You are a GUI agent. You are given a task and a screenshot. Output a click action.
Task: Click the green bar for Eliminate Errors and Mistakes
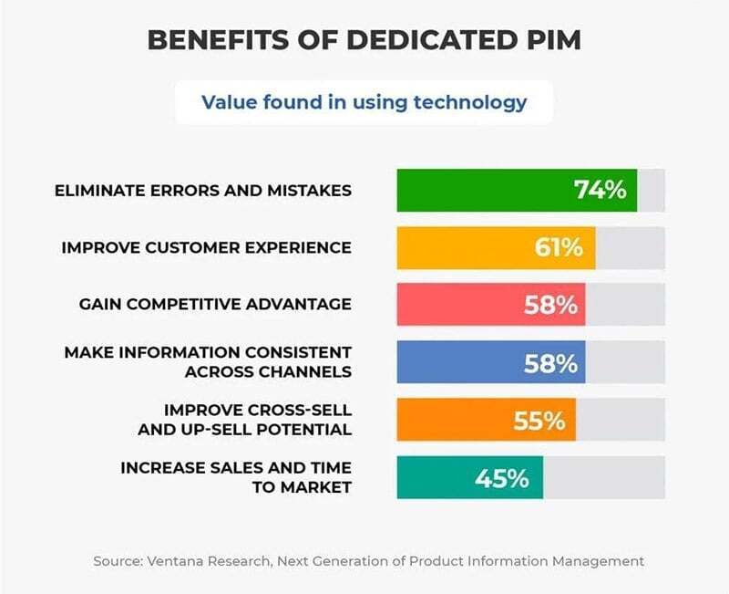(483, 190)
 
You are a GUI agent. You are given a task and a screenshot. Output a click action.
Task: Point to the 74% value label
(600, 190)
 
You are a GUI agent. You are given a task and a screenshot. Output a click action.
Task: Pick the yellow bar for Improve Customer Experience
(465, 247)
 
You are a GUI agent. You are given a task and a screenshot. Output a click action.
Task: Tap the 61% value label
(559, 247)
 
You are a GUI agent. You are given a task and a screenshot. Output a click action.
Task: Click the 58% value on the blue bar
(550, 362)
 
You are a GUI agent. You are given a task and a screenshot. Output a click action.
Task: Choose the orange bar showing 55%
(456, 420)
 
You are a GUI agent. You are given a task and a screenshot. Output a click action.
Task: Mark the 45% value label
(501, 477)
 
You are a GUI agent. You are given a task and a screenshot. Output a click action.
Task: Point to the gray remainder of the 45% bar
(603, 477)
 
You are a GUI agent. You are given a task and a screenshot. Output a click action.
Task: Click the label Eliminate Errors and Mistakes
(202, 191)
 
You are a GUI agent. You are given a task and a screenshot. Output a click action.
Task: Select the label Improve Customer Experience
(206, 247)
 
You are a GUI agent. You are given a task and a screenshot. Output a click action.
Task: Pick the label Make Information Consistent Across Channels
(208, 362)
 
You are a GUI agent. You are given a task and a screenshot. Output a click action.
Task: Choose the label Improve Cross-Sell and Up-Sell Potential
(257, 420)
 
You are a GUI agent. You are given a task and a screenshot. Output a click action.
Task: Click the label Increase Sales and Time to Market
(236, 477)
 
